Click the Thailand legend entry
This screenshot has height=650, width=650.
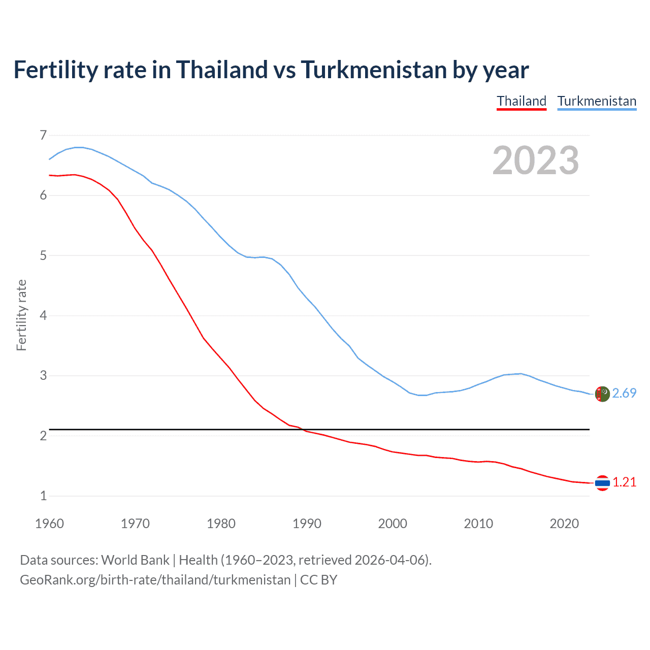[x=522, y=101]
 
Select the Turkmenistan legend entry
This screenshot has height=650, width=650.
[x=597, y=101]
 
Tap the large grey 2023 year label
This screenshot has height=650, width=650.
[x=535, y=160]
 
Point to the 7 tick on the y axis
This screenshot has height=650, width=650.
[x=43, y=135]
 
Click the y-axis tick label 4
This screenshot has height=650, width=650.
[x=43, y=315]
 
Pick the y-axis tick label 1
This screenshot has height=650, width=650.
[x=43, y=496]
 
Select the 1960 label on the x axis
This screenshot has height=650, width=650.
[x=49, y=524]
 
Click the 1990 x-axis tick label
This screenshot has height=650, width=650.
[x=307, y=524]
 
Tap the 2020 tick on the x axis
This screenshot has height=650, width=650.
[x=564, y=524]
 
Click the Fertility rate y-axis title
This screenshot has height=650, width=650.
[x=21, y=315]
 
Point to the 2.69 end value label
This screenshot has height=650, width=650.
[x=624, y=393]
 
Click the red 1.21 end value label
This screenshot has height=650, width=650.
[x=624, y=482]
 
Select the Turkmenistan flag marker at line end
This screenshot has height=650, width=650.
[x=602, y=394]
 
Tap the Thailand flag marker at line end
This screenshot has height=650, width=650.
[x=602, y=483]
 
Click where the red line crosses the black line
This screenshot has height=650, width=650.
[x=303, y=430]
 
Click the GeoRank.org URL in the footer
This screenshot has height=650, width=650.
[x=155, y=580]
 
